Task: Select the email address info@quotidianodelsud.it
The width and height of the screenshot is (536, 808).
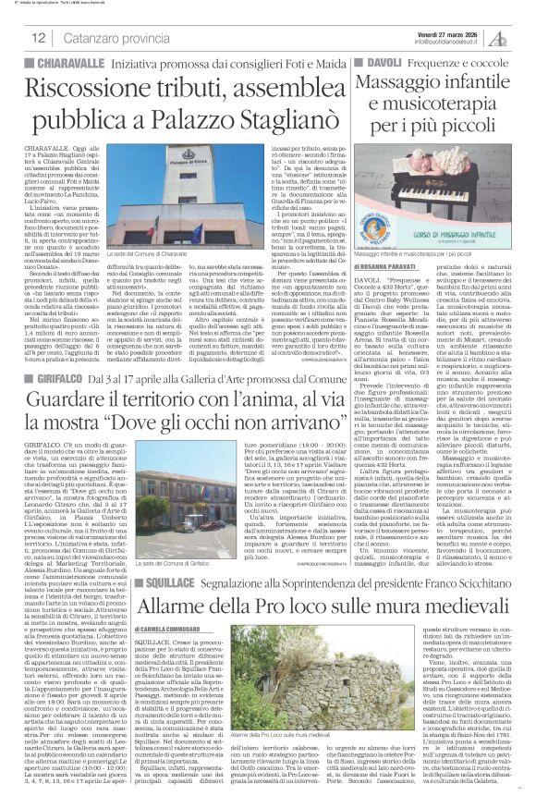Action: click(x=450, y=42)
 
